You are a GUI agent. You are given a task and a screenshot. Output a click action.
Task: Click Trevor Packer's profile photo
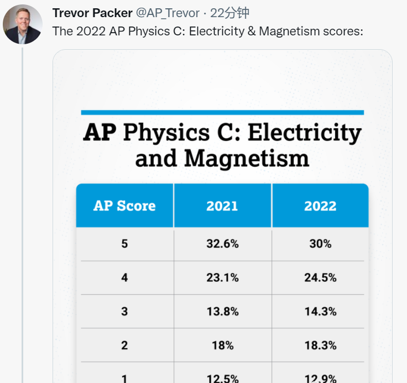22,25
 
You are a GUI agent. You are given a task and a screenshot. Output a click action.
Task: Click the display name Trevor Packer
92,13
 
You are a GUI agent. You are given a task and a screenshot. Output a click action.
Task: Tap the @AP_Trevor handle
168,13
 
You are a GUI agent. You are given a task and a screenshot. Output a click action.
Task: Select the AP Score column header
124,206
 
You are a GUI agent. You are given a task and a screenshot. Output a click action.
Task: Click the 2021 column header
222,206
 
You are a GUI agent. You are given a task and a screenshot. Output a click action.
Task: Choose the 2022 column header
320,206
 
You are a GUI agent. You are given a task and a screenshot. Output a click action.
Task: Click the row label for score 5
124,244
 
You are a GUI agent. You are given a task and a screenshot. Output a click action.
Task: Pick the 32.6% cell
222,244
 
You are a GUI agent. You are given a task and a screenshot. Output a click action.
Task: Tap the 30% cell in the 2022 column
320,244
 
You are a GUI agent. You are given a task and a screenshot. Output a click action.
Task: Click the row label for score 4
124,277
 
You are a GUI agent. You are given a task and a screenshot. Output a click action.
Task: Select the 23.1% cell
222,277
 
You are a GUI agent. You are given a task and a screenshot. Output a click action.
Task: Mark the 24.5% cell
320,277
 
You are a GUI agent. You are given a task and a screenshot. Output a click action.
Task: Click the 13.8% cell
222,311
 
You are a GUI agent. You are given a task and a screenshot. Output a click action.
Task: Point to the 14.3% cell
320,311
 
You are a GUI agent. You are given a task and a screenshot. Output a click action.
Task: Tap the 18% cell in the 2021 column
222,345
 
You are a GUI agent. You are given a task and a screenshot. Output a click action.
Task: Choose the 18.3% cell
320,345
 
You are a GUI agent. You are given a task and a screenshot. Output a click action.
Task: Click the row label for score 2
124,345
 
